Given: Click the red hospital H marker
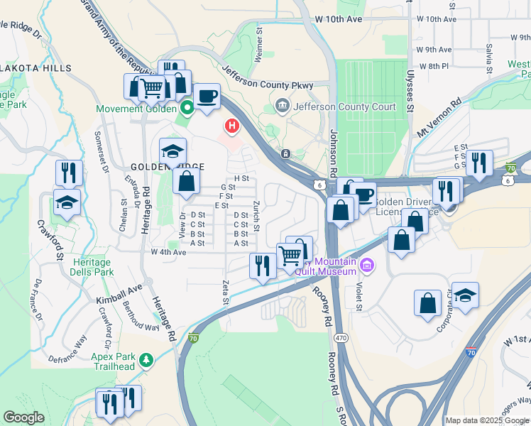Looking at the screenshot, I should coord(231,127).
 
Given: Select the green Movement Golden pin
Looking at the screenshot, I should coord(187,109).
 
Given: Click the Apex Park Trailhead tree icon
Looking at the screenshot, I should coord(147,360).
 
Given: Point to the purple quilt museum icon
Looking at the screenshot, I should coord(367,266).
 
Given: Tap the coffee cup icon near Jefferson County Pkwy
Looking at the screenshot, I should coord(207,96).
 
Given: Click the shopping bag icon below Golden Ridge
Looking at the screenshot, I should coord(186,181).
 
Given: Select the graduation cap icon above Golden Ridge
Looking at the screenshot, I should coord(173,151).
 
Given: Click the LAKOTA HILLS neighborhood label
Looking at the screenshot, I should coord(35,68).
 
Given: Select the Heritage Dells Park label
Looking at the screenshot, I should coord(92,267).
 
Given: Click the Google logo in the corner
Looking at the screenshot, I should coord(23,417).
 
